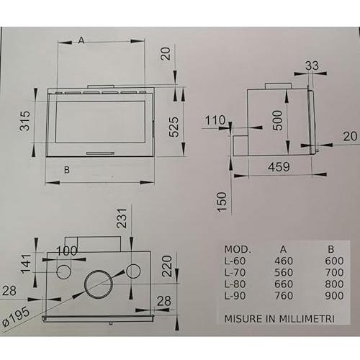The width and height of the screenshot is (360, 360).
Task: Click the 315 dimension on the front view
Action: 25,121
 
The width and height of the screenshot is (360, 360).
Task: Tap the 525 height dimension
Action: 174,127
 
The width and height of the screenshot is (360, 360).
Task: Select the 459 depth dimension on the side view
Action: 279,167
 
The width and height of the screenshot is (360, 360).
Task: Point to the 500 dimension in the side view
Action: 277,120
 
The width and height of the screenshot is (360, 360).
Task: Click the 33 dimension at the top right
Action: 312,66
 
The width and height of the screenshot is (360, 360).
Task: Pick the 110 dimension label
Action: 215,120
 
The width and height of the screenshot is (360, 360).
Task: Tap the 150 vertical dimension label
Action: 222,202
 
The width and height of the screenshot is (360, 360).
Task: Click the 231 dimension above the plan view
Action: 122,218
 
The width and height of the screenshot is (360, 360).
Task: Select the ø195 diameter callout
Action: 17,316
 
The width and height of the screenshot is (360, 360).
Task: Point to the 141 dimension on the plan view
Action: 26,264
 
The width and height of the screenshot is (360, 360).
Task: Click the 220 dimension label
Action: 167,266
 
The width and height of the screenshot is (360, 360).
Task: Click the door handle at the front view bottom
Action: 100,153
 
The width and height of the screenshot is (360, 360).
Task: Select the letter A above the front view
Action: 81,40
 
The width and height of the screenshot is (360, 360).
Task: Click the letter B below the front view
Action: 67,170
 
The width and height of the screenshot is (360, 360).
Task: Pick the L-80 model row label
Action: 235,284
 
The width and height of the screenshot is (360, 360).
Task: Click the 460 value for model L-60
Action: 284,261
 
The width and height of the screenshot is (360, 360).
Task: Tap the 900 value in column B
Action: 334,296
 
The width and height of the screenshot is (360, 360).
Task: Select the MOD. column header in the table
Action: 238,250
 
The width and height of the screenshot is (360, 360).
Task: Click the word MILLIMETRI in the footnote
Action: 307,319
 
